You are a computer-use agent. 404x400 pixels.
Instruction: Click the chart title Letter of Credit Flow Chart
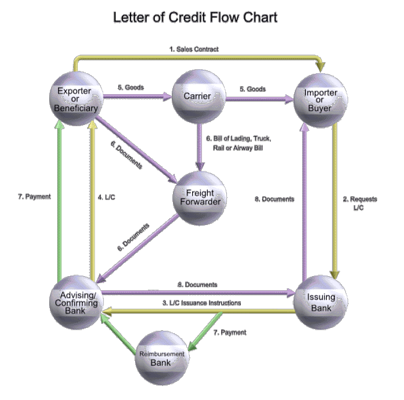pyautogui.click(x=195, y=17)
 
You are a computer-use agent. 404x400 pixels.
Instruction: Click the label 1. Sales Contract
pyautogui.click(x=193, y=49)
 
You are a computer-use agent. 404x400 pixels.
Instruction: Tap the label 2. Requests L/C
pyautogui.click(x=360, y=203)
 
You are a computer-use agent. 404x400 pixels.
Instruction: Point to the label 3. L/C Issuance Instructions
pyautogui.click(x=203, y=303)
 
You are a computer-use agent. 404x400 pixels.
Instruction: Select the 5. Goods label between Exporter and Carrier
pyautogui.click(x=130, y=87)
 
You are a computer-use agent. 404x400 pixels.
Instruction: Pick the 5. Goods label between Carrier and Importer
pyautogui.click(x=252, y=89)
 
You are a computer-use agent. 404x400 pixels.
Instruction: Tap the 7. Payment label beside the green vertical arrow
pyautogui.click(x=34, y=197)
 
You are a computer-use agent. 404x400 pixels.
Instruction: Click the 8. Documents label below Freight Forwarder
pyautogui.click(x=198, y=285)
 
